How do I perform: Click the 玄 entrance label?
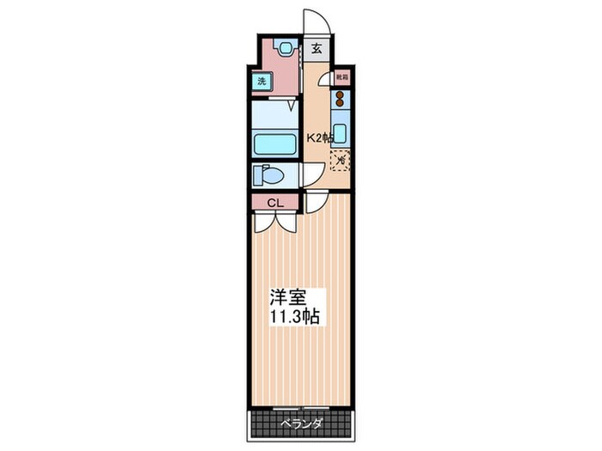pyautogui.click(x=316, y=49)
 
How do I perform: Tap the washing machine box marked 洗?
pyautogui.click(x=261, y=82)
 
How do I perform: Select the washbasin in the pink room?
pyautogui.click(x=284, y=48)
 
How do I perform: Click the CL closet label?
pyautogui.click(x=274, y=203)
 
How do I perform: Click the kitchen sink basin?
pyautogui.click(x=340, y=133)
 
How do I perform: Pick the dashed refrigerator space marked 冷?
pyautogui.click(x=340, y=159)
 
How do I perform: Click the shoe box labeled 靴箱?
pyautogui.click(x=341, y=77)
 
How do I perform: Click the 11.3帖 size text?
pyautogui.click(x=296, y=317)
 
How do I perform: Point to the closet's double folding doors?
pyautogui.click(x=275, y=221)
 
